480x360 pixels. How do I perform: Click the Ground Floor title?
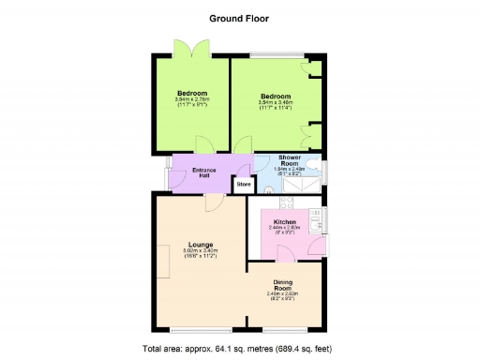tap(239, 17)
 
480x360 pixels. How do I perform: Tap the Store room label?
tap(244, 184)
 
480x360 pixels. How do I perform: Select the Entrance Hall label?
tap(204, 172)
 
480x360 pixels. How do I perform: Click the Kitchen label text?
tap(283, 221)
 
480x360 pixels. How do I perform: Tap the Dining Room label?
tap(283, 287)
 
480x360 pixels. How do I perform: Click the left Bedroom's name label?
tap(191, 93)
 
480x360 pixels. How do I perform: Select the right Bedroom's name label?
tap(276, 96)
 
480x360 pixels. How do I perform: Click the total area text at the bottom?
tap(239, 349)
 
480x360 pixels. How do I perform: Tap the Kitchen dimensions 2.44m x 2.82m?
tap(283, 230)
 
